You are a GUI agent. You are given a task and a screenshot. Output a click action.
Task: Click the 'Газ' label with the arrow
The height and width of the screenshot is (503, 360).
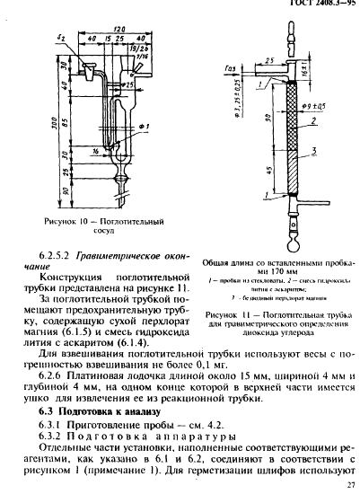click(x=231, y=78)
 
